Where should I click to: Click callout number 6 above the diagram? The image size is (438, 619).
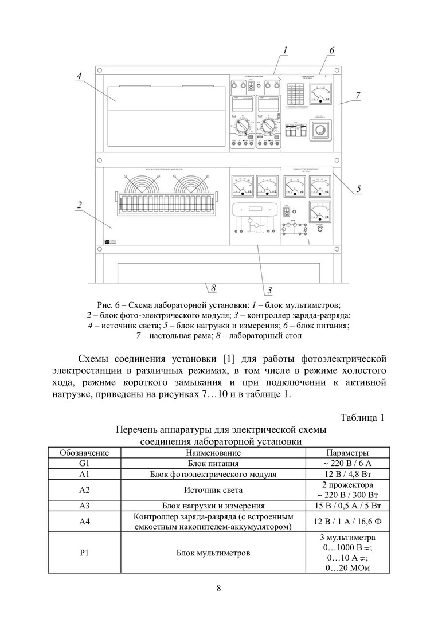click(332, 50)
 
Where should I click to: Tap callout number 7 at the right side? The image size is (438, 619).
click(358, 96)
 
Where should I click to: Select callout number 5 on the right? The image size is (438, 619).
click(358, 187)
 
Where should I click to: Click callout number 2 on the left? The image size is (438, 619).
click(80, 205)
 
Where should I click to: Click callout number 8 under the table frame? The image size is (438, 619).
click(213, 287)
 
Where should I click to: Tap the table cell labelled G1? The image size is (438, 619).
click(85, 463)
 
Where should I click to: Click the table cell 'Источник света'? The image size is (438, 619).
click(213, 490)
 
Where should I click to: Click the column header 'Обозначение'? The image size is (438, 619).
click(85, 453)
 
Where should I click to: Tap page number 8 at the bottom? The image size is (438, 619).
click(219, 587)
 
